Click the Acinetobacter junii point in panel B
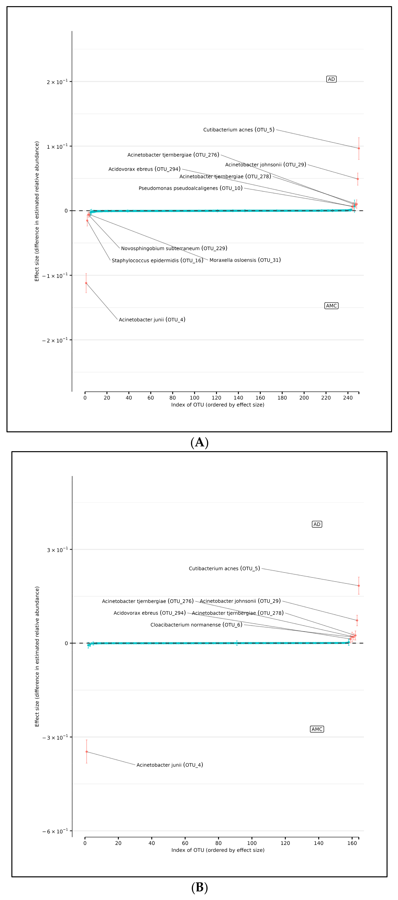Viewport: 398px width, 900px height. pos(87,751)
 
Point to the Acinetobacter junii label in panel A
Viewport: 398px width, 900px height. pos(152,320)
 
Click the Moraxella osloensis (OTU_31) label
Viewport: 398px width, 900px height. pos(245,260)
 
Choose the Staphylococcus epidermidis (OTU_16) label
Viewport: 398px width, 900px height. pos(157,260)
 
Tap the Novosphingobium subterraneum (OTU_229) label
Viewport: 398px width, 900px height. pos(174,248)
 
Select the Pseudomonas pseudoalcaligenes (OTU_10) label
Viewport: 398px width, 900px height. pos(190,188)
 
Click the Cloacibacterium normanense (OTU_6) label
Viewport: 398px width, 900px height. pos(196,625)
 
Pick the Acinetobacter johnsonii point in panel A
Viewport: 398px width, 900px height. pos(358,179)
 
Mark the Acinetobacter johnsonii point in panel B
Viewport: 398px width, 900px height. pos(357,620)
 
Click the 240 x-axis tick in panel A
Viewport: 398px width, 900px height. pos(348,398)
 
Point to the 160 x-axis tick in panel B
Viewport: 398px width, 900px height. pos(352,843)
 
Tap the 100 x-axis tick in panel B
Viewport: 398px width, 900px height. pos(252,843)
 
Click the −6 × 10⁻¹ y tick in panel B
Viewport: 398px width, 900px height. pos(55,831)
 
